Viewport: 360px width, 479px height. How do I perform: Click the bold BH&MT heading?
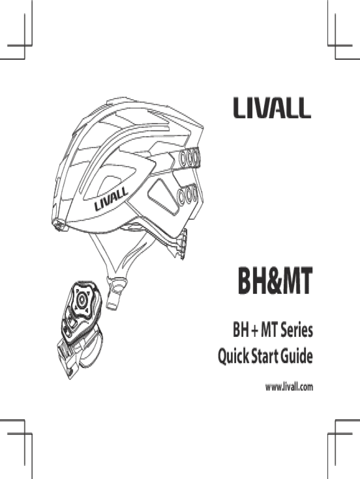[x=275, y=281]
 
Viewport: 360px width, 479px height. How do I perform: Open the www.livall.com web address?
[x=289, y=387]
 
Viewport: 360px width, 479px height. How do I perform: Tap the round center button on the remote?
[x=81, y=299]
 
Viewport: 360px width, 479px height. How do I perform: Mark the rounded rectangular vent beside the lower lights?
[x=162, y=196]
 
